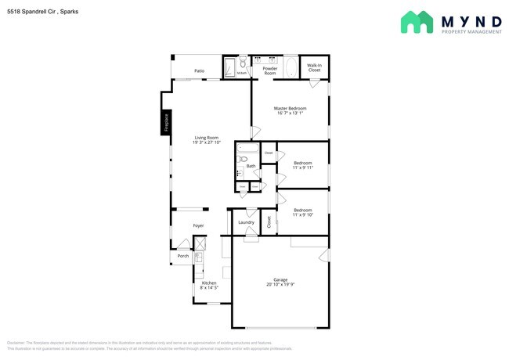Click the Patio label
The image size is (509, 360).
(x=200, y=71)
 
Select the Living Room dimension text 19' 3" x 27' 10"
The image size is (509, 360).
(x=207, y=142)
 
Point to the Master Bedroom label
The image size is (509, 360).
(x=290, y=108)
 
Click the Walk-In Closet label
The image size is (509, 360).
(x=314, y=68)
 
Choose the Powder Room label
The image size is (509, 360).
(x=270, y=70)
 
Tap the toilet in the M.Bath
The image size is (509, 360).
(x=244, y=63)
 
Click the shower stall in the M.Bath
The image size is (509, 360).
(x=230, y=67)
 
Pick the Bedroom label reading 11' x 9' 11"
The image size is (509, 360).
(x=303, y=165)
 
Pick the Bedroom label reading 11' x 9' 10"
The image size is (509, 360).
(x=303, y=211)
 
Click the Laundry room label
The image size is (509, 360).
(x=247, y=222)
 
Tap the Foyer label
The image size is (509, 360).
(x=199, y=225)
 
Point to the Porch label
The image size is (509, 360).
(x=182, y=256)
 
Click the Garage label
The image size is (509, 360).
(x=280, y=279)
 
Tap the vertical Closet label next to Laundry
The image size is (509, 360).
(x=269, y=221)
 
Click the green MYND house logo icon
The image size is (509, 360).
(x=417, y=22)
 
